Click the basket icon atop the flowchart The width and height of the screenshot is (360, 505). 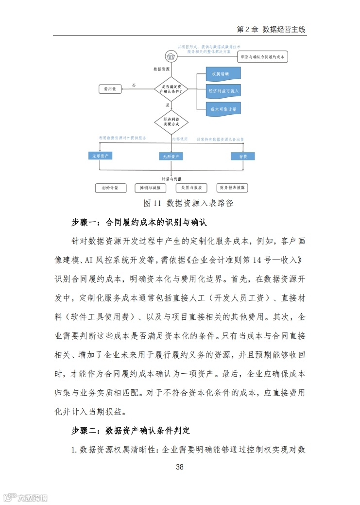pos(171,55)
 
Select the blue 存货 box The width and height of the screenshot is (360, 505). pos(242,156)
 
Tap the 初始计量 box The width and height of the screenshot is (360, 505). pos(110,188)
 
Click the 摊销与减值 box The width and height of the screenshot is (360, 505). pos(150,188)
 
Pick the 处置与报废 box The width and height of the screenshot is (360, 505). pos(191,188)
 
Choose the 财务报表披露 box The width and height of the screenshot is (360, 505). pos(233,188)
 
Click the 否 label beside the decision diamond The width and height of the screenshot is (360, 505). pos(134,86)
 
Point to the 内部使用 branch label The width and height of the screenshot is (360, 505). pos(179,139)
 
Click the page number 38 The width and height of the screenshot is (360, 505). pos(180,467)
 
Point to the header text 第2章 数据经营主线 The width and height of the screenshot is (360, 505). pos(271,29)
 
